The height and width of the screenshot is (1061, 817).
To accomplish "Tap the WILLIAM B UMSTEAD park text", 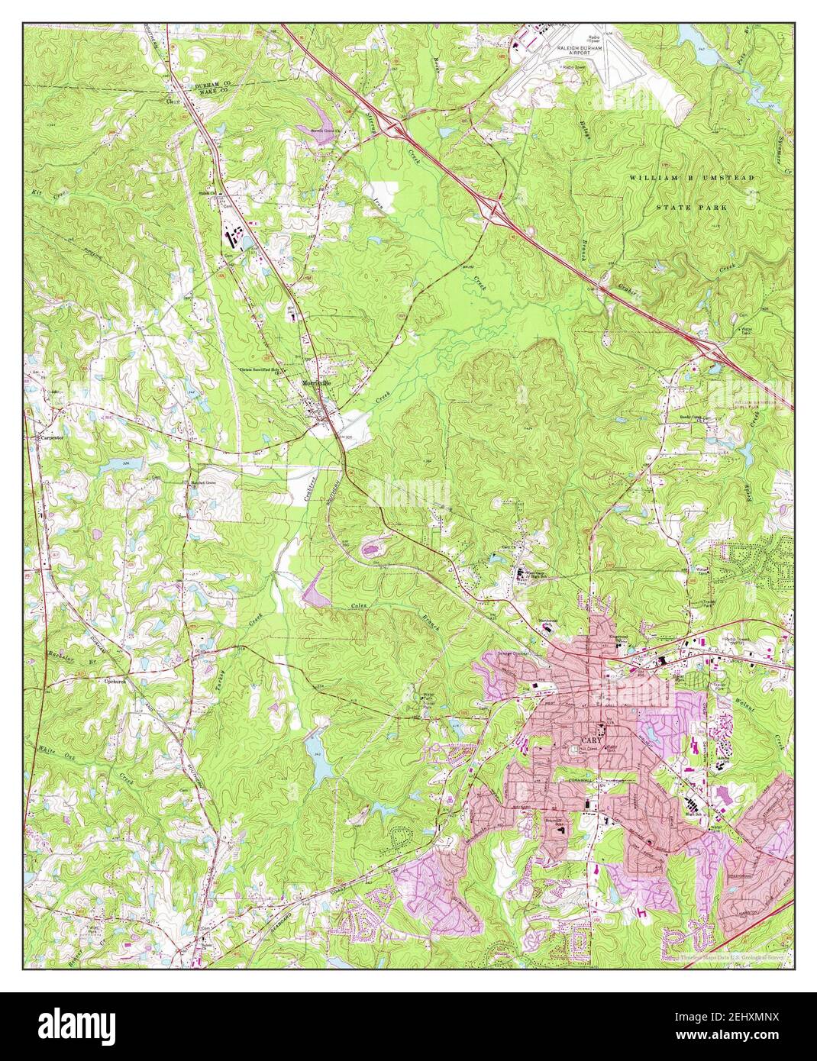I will tap(691, 177).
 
